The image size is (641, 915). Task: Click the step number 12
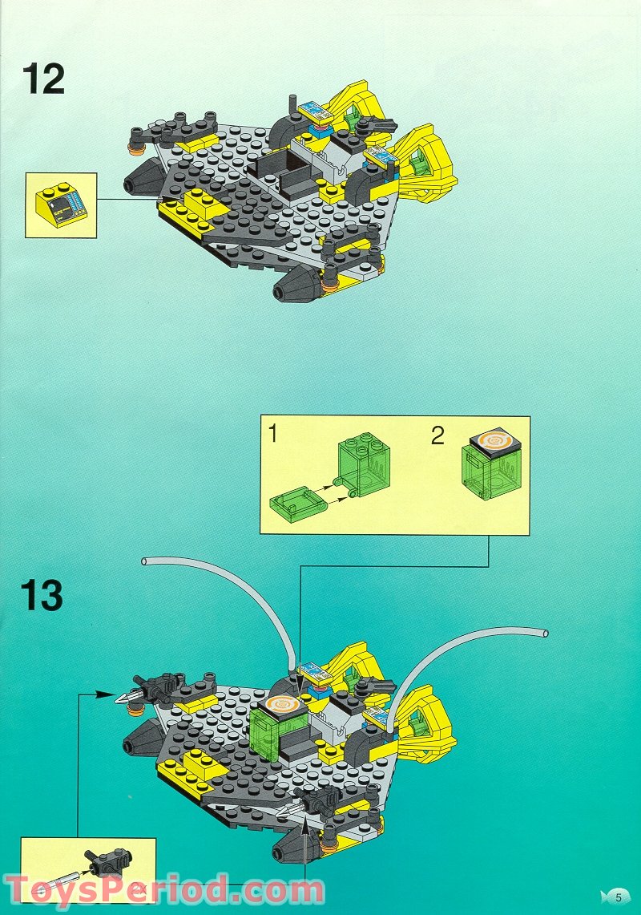(x=44, y=78)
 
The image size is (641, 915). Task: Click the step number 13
(x=42, y=596)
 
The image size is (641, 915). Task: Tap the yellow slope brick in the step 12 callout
(x=60, y=205)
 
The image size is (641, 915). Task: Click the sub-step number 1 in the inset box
(x=273, y=435)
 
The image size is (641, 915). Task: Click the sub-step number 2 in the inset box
(x=437, y=435)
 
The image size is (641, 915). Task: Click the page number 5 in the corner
(x=618, y=897)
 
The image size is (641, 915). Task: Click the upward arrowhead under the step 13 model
(x=305, y=834)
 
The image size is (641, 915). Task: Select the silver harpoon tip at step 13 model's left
(x=122, y=700)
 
